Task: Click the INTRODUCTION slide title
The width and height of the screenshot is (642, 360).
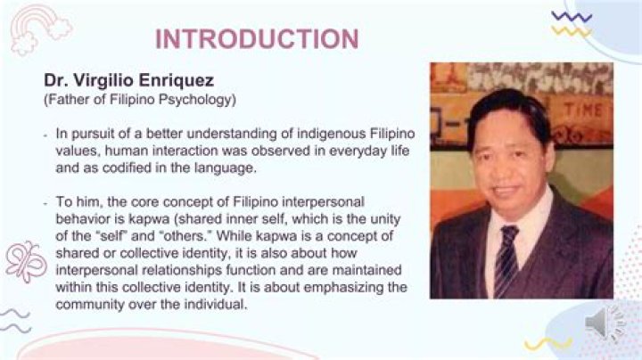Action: click(257, 39)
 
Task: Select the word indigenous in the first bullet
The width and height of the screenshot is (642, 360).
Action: click(311, 134)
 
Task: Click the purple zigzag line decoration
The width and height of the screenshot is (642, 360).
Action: click(571, 16)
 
